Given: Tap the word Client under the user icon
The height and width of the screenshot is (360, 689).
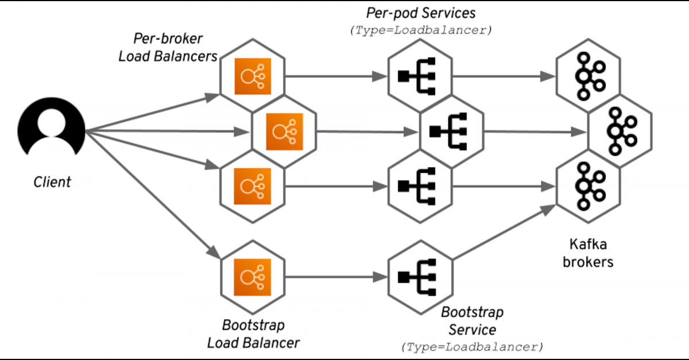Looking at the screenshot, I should click(52, 183).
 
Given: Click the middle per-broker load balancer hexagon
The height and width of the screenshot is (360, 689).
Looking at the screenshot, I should click(284, 132).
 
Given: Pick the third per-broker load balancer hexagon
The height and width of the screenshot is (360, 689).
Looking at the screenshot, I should click(252, 186).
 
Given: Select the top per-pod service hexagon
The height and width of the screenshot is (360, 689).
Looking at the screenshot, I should click(420, 76).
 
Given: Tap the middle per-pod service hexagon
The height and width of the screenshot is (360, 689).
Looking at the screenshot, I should click(452, 132).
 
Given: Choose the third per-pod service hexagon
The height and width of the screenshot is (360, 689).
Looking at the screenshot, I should click(420, 186).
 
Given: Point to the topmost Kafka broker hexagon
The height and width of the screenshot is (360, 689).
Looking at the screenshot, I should click(589, 76).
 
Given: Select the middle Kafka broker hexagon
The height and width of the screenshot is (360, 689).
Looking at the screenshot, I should click(620, 132).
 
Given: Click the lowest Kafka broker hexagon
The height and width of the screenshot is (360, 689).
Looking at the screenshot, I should click(589, 186).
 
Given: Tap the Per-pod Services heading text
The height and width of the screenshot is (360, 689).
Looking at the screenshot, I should click(421, 13).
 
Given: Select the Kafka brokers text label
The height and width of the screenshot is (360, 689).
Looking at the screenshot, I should click(591, 253).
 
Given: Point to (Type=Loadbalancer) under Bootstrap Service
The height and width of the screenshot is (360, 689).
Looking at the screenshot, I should click(472, 347).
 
